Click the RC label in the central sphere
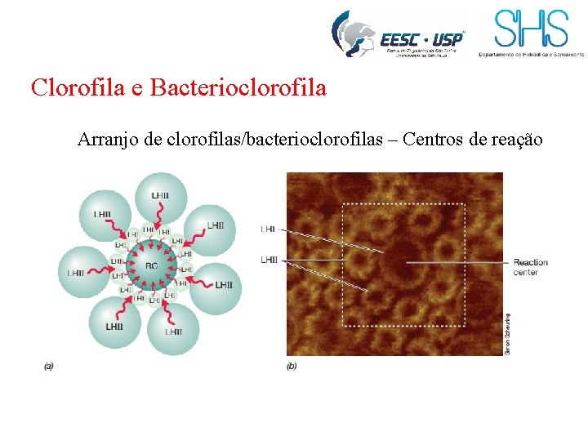(151, 266)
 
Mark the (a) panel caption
(48, 366)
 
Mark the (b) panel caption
(292, 366)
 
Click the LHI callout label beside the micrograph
(268, 229)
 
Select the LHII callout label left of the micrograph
(269, 260)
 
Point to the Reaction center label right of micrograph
(530, 267)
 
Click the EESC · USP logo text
(421, 38)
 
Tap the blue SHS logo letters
(531, 29)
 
